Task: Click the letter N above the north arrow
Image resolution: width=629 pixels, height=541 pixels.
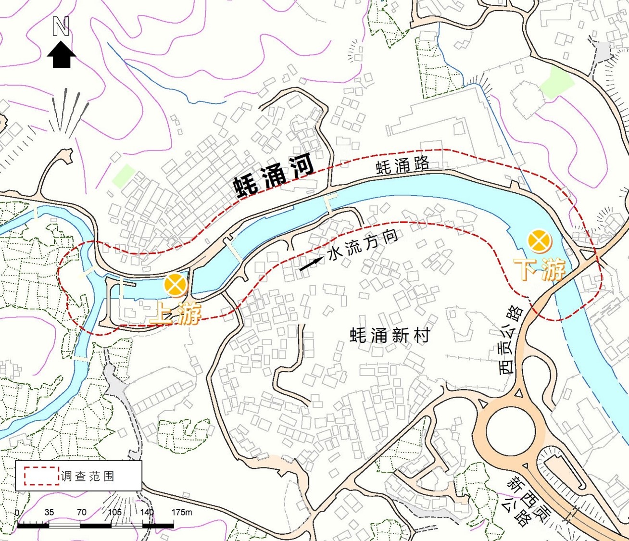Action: point(61,27)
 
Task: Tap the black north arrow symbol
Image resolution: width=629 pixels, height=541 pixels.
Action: point(61,54)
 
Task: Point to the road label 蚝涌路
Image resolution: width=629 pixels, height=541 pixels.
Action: point(403,165)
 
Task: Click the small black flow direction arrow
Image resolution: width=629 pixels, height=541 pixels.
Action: point(312,264)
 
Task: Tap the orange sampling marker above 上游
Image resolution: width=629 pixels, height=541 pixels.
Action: point(176,285)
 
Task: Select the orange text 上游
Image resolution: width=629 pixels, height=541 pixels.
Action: point(175,315)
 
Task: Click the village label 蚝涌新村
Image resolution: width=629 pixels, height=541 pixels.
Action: point(390,335)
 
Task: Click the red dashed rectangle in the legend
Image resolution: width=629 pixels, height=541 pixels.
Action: point(41,476)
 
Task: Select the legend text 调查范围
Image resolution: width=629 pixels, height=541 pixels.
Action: point(88,476)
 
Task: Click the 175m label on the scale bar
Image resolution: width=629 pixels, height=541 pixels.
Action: point(181,512)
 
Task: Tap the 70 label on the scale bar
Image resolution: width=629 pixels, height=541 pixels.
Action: point(81,512)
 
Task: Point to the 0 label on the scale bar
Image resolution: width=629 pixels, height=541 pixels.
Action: point(18,512)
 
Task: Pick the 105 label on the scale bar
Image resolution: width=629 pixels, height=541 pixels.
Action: point(114,512)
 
